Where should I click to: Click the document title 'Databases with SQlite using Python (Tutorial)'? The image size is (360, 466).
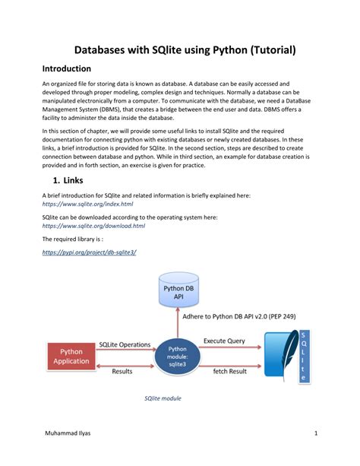179,50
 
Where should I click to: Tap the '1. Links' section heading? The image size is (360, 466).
74,181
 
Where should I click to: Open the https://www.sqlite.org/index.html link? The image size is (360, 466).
87,204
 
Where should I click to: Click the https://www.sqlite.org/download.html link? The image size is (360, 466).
93,226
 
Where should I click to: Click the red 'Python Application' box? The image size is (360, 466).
71,357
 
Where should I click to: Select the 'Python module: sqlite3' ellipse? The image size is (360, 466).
177,353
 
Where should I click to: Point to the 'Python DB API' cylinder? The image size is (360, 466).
177,292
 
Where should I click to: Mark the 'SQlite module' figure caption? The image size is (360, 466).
163,398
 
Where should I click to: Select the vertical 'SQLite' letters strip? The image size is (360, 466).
305,356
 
